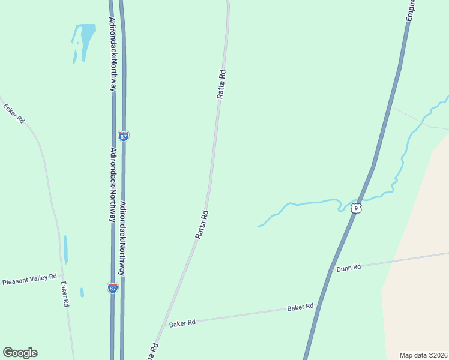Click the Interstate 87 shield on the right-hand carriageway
(123, 136)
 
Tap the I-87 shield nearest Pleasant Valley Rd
(112, 287)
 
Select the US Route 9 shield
(357, 208)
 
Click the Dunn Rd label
(348, 268)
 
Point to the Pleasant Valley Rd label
(29, 280)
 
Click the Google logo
(20, 353)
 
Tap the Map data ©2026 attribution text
(424, 355)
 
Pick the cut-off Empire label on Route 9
(412, 11)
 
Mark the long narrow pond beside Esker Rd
(65, 249)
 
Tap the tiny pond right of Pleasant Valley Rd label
(82, 292)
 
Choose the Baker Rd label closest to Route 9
(300, 307)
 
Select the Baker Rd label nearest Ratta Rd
(182, 323)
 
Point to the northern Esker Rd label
(13, 113)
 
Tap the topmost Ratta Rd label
(221, 84)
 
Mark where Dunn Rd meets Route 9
(331, 270)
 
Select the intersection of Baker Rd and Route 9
(319, 305)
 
